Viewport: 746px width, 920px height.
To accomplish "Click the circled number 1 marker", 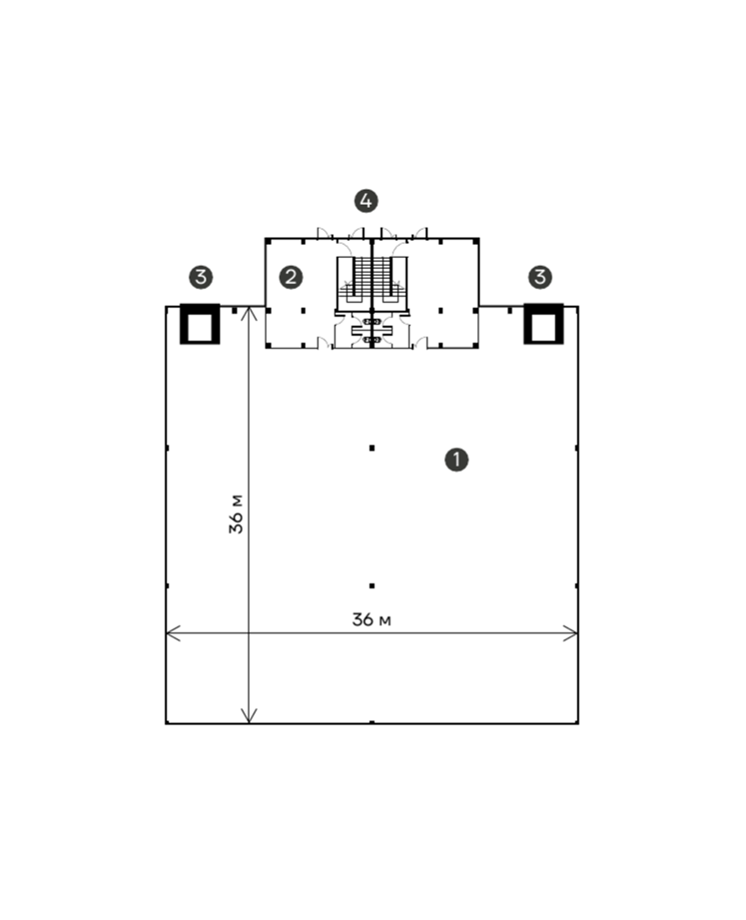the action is [456, 459].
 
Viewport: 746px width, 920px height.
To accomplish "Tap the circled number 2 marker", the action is [291, 277].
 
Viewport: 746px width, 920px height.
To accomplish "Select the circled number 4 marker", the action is [366, 200].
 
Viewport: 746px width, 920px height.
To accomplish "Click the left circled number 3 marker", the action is [201, 277].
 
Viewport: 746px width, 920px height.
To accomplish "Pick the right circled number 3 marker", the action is [540, 277].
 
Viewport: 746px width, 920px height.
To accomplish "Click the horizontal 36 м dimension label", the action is [371, 620].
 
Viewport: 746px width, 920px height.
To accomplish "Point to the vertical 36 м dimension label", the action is [236, 514].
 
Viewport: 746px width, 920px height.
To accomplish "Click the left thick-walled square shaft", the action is [200, 324].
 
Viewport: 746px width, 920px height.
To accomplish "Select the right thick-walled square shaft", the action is [544, 324].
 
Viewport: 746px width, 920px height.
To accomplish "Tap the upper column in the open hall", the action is [372, 448].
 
